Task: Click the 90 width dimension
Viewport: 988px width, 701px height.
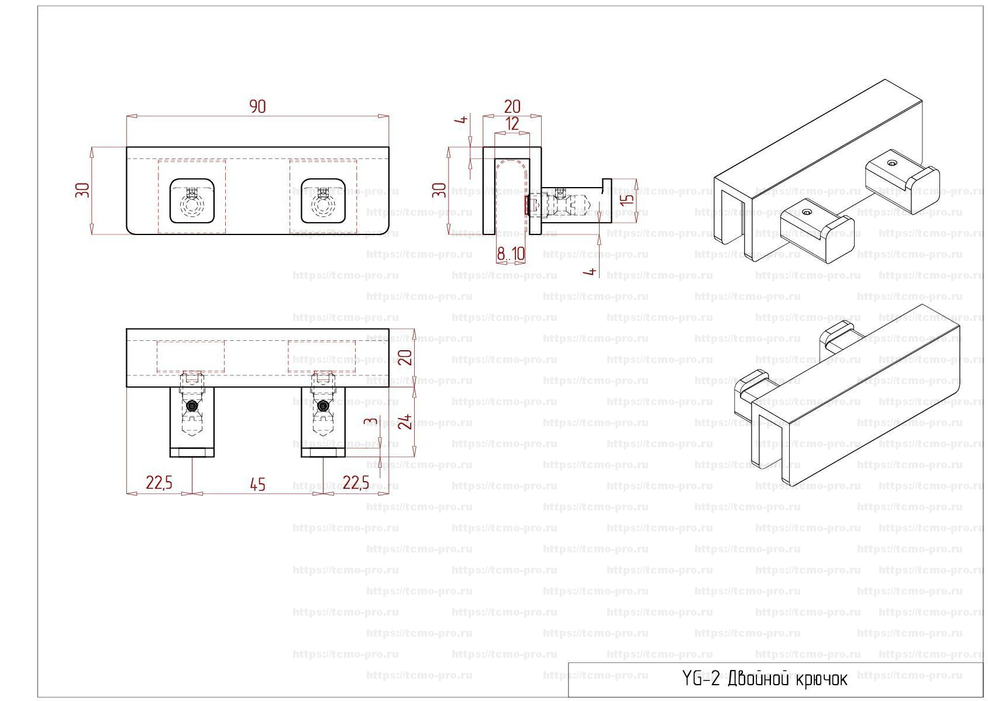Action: pos(257,106)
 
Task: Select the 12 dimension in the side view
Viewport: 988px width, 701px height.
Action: pos(512,124)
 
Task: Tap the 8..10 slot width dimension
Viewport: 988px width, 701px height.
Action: pos(511,254)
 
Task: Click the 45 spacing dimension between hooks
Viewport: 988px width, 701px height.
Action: pos(257,485)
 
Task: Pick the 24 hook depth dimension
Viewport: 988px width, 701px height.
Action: pos(405,422)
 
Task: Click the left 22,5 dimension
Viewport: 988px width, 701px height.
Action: pos(159,483)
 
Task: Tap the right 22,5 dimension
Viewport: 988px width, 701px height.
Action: pos(356,483)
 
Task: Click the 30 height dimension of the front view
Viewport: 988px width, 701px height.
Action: pos(83,190)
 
